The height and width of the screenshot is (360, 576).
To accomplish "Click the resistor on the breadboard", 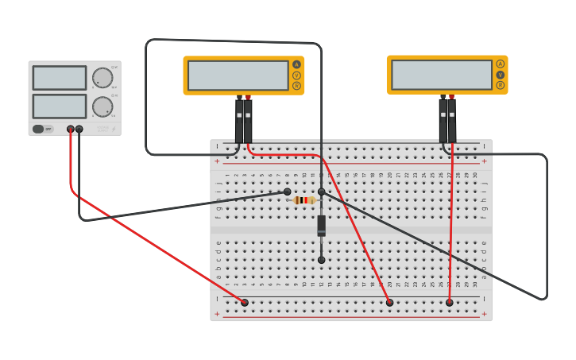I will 304,200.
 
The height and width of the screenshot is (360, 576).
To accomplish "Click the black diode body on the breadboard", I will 321,225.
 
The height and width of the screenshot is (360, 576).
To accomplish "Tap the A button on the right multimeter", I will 500,64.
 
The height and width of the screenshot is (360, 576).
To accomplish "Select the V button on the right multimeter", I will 500,75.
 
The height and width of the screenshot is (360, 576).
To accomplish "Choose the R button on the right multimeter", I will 500,85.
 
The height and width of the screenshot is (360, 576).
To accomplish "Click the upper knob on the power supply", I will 102,78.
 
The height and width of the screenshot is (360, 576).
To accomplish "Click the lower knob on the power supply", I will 102,106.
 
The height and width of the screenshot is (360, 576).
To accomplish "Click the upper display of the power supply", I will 60,78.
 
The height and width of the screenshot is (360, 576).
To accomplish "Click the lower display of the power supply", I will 60,106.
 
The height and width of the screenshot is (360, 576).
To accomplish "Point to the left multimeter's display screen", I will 238,75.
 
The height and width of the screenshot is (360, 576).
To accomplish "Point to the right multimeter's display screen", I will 442,75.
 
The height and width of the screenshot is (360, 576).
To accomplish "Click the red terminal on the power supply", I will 71,129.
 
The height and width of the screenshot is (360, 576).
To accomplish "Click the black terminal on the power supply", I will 79,129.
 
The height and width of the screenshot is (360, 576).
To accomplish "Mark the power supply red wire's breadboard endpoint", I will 245,302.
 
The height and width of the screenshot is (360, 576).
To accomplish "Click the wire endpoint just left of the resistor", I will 288,192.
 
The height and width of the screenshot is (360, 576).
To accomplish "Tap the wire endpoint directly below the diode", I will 321,260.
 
